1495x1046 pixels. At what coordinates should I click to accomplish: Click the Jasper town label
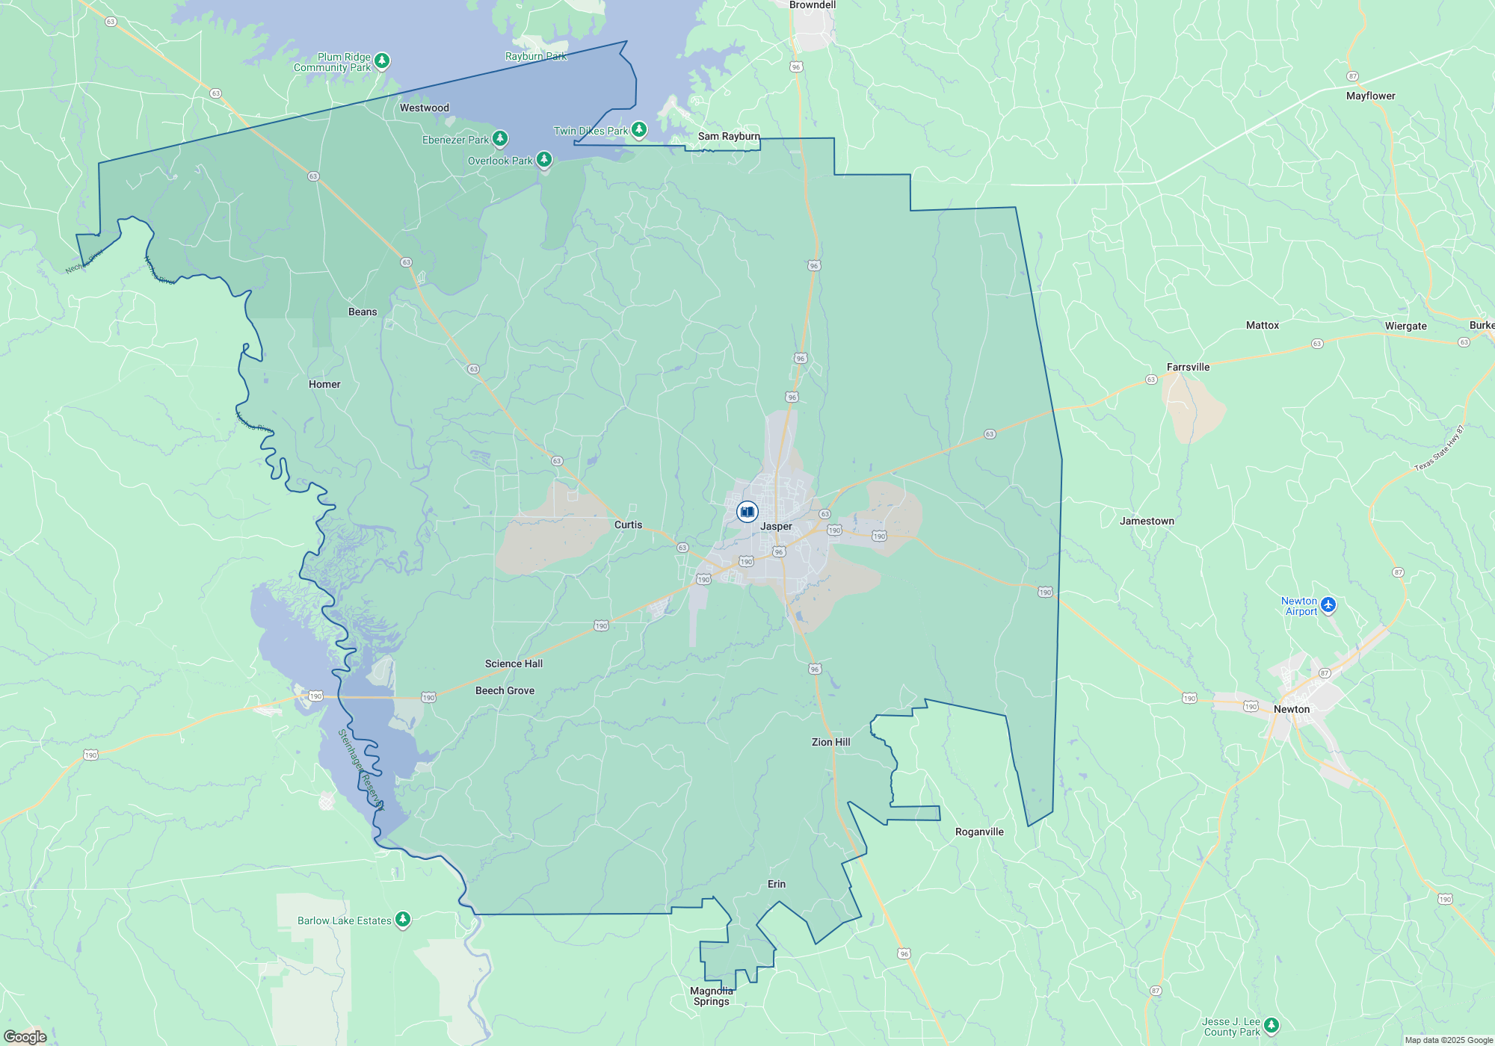[776, 526]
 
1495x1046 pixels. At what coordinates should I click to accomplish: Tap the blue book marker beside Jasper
[747, 512]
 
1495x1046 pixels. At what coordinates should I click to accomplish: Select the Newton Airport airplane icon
[1328, 605]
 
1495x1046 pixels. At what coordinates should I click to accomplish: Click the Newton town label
[1292, 709]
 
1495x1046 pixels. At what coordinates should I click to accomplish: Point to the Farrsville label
[1188, 367]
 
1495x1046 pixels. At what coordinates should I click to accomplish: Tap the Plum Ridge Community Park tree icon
[382, 61]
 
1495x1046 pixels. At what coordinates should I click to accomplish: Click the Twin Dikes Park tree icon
[638, 130]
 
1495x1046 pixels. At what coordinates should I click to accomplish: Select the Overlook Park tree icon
[544, 159]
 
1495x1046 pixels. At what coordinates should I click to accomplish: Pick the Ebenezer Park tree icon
[500, 138]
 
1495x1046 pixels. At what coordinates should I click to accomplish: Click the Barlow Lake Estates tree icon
[403, 919]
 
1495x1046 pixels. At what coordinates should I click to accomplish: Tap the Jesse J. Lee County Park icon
[1271, 1025]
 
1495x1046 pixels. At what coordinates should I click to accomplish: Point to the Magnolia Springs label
[711, 996]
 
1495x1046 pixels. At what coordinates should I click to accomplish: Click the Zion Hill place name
[830, 742]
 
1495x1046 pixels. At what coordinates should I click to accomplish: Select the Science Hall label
[514, 663]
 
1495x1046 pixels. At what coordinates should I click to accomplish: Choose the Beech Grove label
[505, 690]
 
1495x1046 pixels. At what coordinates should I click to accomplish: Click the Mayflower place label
[1370, 96]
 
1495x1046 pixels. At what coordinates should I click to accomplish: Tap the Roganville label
[979, 832]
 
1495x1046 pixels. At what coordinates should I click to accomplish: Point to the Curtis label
[628, 524]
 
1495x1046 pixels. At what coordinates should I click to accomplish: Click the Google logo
[25, 1036]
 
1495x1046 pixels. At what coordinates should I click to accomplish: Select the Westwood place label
[424, 108]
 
